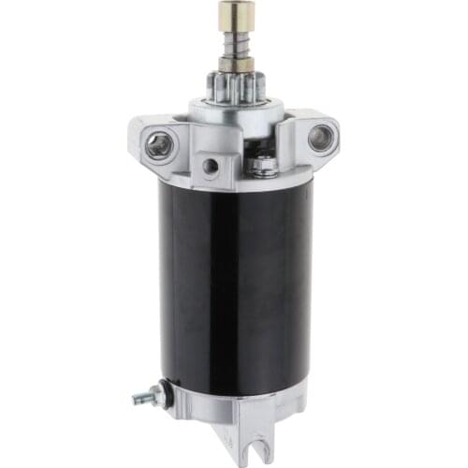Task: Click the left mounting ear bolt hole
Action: [x=160, y=143]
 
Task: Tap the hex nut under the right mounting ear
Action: [x=264, y=168]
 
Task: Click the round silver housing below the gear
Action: [x=233, y=109]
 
